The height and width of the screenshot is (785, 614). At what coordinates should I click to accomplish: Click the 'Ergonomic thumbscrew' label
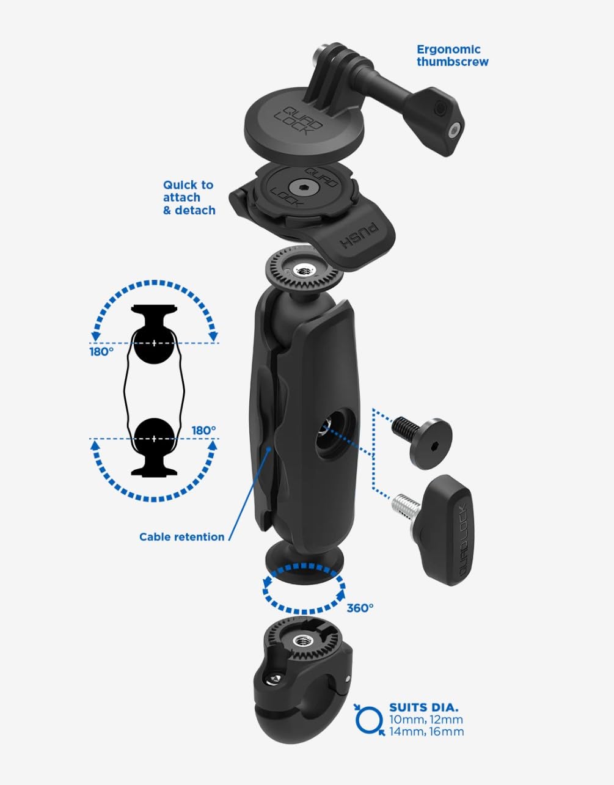[x=453, y=56]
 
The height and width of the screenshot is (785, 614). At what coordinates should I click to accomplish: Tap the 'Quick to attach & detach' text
[x=189, y=197]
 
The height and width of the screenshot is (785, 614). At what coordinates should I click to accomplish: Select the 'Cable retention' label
[x=181, y=537]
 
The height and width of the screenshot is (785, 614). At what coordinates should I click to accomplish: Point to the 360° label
[x=360, y=608]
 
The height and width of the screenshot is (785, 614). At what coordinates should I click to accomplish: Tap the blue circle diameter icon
[x=369, y=720]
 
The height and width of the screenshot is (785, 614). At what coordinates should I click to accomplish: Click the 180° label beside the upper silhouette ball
[x=101, y=351]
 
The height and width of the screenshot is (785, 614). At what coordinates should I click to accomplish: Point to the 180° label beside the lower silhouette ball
[x=203, y=431]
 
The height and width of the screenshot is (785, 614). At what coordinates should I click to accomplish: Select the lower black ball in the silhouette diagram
[x=154, y=439]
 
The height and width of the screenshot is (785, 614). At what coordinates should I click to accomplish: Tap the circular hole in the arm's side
[x=335, y=434]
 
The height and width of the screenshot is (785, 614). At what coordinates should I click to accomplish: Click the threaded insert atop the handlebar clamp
[x=300, y=641]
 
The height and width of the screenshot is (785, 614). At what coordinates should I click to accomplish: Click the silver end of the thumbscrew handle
[x=455, y=130]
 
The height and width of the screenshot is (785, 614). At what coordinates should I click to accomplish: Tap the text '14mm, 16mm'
[x=426, y=731]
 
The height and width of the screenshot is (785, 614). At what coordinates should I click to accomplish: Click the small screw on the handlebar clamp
[x=274, y=681]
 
